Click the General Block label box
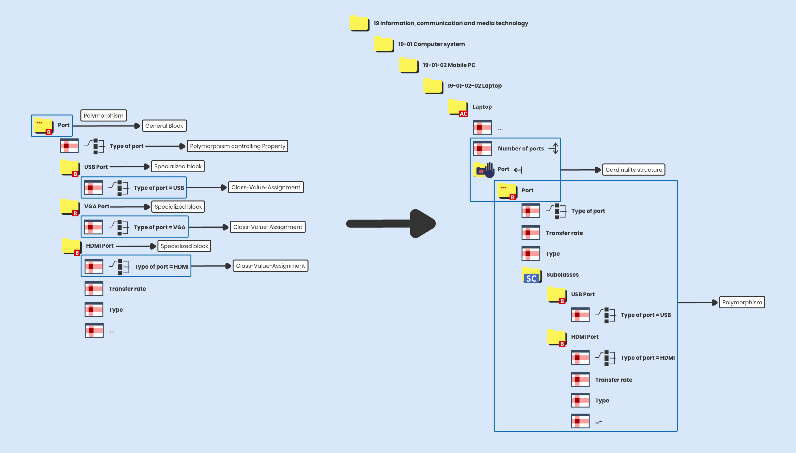[164, 126]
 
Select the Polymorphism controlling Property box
[237, 146]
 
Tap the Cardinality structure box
[633, 170]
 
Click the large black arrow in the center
[392, 223]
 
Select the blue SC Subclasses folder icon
[531, 275]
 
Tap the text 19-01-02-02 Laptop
[474, 86]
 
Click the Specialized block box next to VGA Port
[178, 206]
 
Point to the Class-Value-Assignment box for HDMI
[270, 266]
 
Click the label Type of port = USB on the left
[159, 188]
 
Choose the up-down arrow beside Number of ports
[555, 148]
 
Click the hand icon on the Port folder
[489, 170]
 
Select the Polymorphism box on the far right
[742, 302]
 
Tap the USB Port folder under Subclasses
[557, 295]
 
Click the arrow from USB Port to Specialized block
[130, 167]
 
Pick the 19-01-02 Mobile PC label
[449, 65]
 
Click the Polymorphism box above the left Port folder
[103, 115]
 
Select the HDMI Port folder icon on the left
[71, 247]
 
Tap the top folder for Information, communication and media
[359, 23]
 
